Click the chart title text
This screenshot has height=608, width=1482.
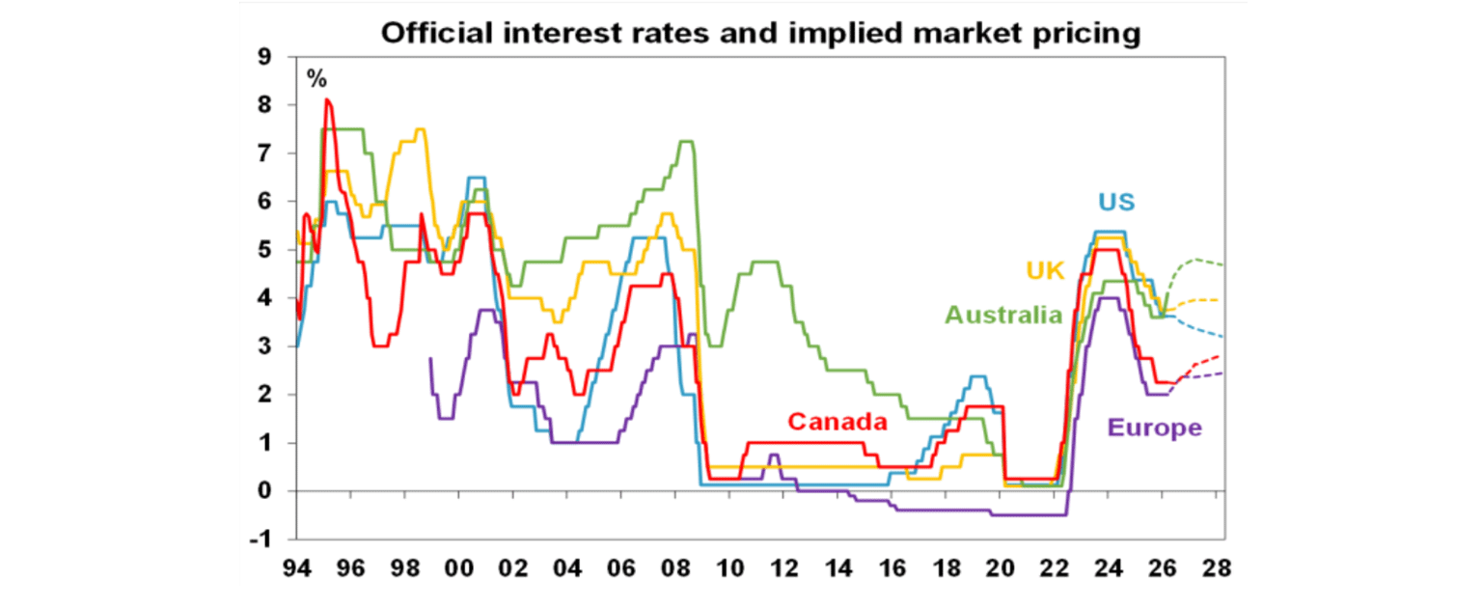click(x=760, y=34)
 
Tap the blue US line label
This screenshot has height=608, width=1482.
click(x=1115, y=204)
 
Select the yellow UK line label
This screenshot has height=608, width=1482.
click(x=1044, y=271)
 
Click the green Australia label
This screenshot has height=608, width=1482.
click(x=1003, y=315)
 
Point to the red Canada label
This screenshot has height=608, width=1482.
click(x=837, y=422)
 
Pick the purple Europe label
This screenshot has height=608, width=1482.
click(x=1155, y=428)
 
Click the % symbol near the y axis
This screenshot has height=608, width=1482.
click(x=316, y=79)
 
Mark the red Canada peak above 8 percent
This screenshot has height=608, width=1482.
click(x=328, y=100)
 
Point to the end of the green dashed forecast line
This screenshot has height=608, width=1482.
click(x=1222, y=264)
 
